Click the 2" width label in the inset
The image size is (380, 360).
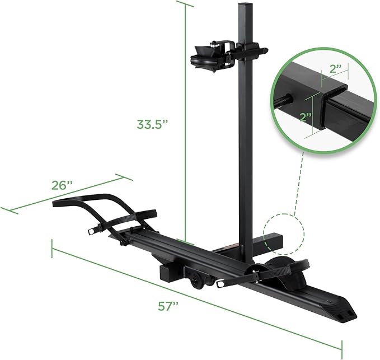pos(336,68)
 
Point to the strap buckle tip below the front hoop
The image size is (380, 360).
pos(92,232)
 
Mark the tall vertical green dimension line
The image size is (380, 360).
pos(185,112)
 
